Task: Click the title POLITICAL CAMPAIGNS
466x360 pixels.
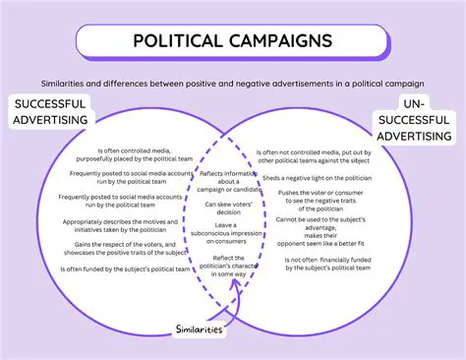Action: point(233,43)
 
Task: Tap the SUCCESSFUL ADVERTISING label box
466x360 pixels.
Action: point(50,111)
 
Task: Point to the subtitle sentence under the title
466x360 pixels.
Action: point(233,84)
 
